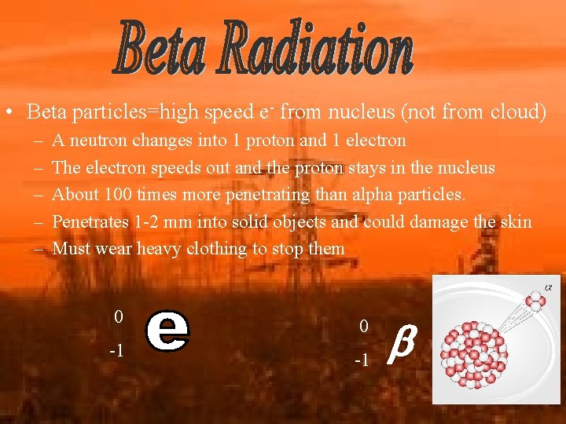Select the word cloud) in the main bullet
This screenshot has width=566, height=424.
coord(517,112)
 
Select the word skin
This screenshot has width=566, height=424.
coord(516,222)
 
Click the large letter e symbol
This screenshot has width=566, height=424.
coord(167,332)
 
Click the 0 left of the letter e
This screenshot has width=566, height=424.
coord(119,317)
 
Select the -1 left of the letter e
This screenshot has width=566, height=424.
coord(116,350)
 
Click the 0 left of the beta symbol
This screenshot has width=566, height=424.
coord(362,325)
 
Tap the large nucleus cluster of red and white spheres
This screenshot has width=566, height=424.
coord(473,351)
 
